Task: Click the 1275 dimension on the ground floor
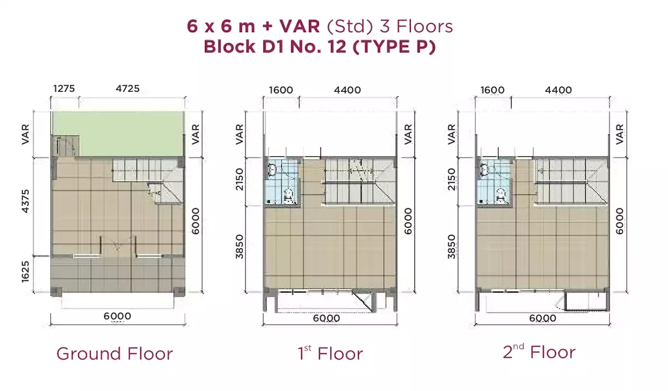[64, 88]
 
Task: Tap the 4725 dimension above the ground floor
[127, 88]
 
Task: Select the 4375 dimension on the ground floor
[26, 201]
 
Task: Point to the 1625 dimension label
[26, 271]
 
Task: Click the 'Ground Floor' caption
[115, 354]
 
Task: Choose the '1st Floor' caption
[331, 353]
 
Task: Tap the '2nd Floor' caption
[539, 352]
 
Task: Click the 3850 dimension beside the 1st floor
[239, 247]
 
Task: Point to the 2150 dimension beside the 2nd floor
[452, 180]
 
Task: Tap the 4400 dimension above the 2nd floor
[558, 90]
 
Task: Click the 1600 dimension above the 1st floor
[281, 90]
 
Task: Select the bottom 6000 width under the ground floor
[117, 316]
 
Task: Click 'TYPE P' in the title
[394, 47]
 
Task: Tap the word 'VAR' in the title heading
[299, 26]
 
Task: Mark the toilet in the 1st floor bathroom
[288, 196]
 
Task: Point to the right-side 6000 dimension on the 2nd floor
[620, 221]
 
